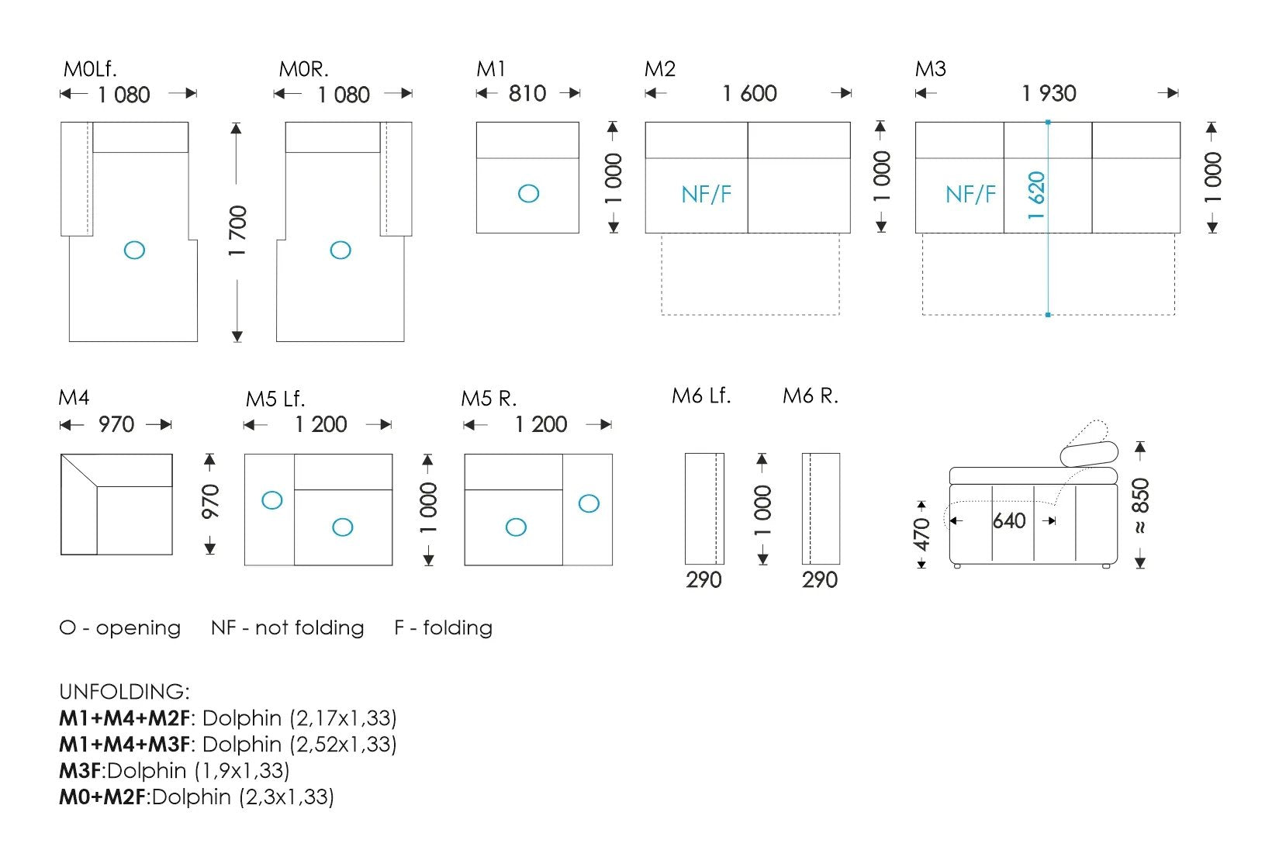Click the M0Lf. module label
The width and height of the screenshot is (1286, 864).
pos(90,69)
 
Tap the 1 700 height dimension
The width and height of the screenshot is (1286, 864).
pos(237,230)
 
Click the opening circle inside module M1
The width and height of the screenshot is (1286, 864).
pos(528,193)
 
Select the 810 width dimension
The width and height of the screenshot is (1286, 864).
pos(527,93)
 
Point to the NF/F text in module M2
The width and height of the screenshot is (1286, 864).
pos(706,194)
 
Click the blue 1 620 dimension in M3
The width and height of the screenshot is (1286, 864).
pos(1036,195)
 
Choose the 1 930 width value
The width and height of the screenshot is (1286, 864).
pos(1049,93)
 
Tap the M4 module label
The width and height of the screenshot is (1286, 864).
pos(74,397)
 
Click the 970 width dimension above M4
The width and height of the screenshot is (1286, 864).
pos(116,424)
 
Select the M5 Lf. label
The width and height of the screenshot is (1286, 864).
pos(275,399)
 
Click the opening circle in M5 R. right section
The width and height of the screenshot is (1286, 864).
pos(589,503)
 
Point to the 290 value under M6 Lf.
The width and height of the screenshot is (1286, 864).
pos(703,580)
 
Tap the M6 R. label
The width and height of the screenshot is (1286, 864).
pos(810,396)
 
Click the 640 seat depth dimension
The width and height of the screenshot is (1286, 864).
pos(1008,520)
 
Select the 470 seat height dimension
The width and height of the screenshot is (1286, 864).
pos(921,534)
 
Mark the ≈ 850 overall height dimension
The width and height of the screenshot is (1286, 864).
pos(1140,505)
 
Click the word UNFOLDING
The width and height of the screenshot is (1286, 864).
pos(124,691)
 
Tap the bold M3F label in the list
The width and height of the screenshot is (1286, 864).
pos(81,770)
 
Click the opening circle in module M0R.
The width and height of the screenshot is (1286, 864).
pos(341,250)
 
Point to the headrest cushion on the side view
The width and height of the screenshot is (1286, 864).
pos(1089,454)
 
